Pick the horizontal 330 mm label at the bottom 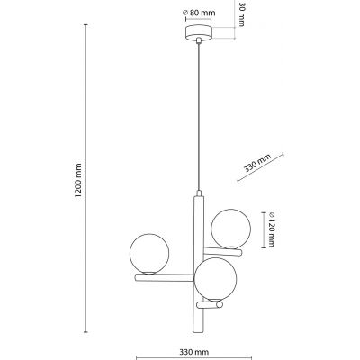pyautogui.click(x=193, y=352)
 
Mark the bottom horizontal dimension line pyautogui.click(x=193, y=339)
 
